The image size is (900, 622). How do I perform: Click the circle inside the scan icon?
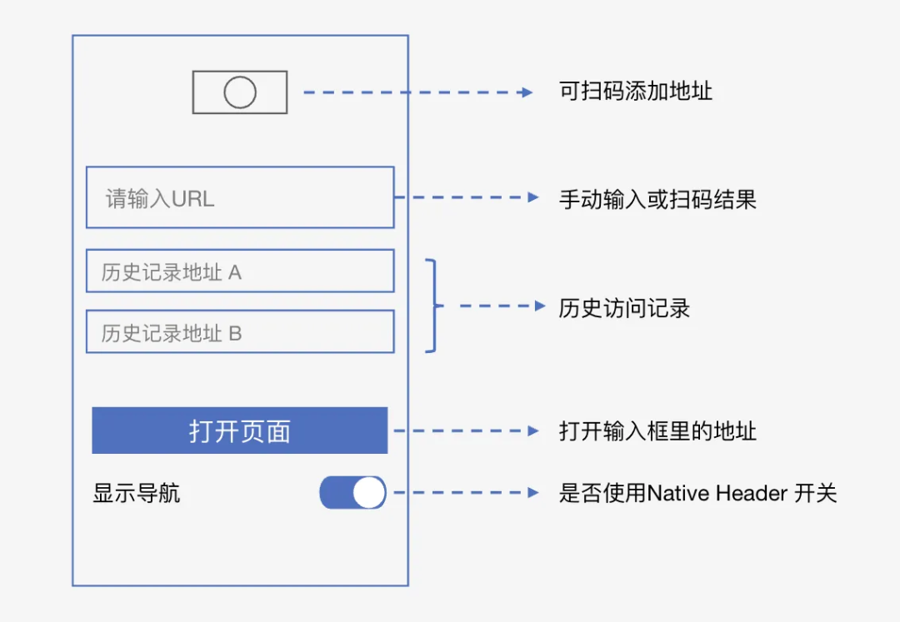[240, 92]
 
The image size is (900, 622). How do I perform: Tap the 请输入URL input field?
[240, 197]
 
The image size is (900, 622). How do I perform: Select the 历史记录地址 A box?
[240, 271]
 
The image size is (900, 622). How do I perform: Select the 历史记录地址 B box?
[240, 332]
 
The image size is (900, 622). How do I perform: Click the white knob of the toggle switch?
[368, 493]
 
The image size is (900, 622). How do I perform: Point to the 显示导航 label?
[136, 494]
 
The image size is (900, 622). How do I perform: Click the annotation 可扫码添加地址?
[635, 92]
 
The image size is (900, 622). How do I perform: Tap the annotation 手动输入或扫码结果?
[657, 199]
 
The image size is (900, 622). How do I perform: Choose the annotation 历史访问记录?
[624, 308]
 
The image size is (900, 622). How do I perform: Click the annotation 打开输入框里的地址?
[657, 431]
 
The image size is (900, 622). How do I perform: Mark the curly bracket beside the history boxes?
[432, 306]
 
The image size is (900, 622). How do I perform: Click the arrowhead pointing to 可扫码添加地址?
[527, 92]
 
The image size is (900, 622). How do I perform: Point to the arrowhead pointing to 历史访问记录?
[539, 306]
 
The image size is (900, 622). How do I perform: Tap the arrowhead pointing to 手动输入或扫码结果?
[534, 198]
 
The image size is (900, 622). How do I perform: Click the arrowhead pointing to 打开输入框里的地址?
[534, 430]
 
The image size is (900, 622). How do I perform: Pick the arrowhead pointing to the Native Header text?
[534, 493]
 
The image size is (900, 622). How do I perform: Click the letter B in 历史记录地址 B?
[235, 333]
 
